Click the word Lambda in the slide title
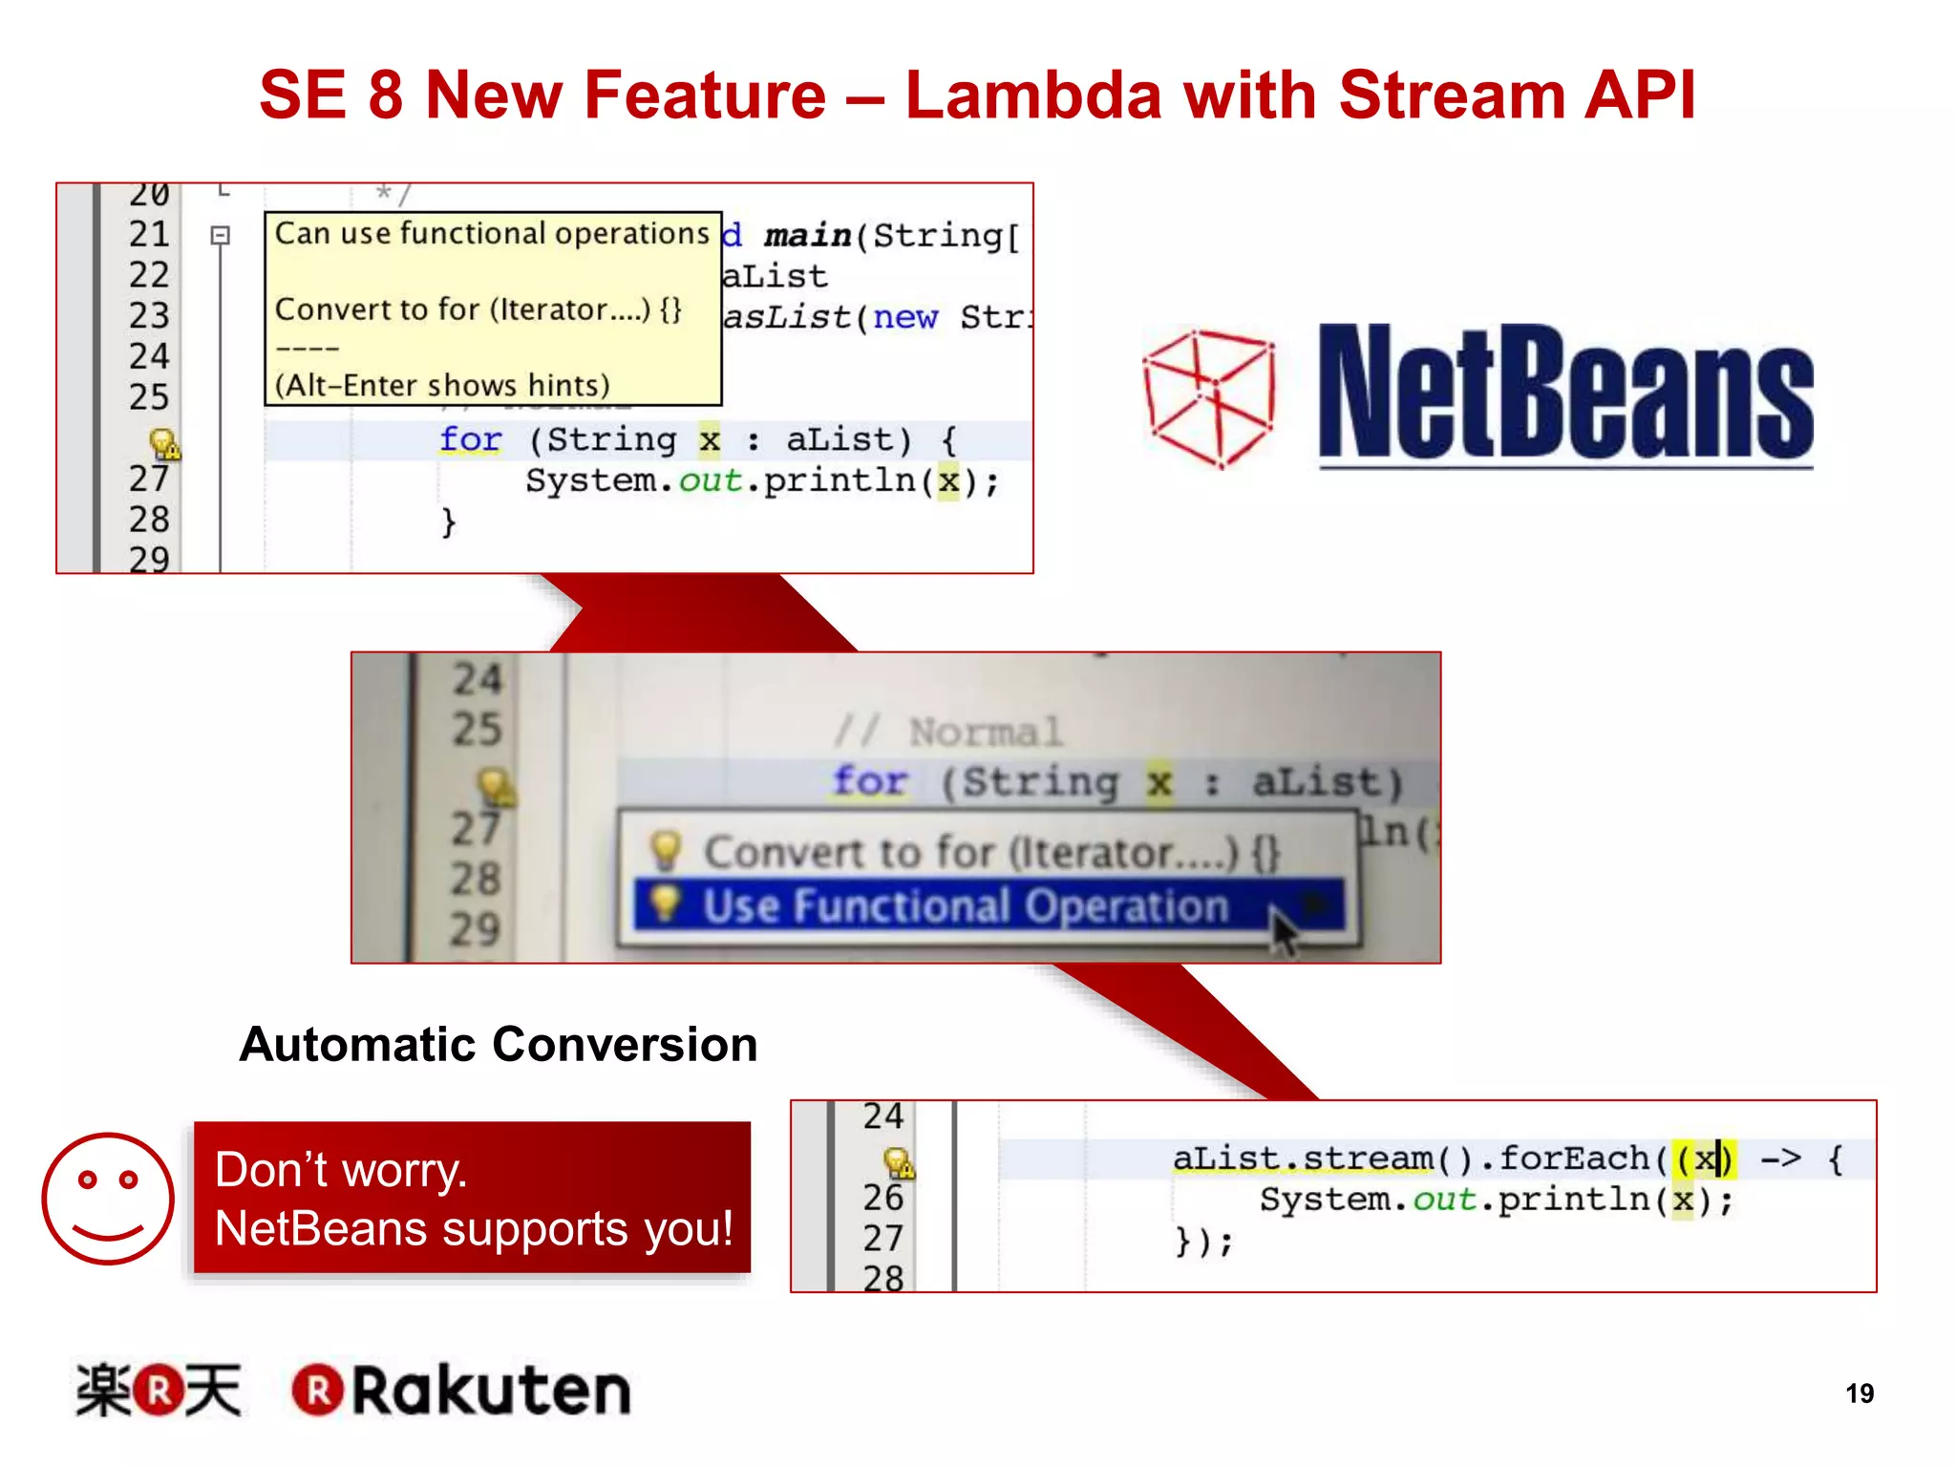1031,96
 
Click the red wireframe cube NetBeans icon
1209,398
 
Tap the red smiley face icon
108,1199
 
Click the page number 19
1859,1393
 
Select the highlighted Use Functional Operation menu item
965,905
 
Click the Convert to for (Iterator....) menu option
989,852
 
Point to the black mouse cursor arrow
1284,930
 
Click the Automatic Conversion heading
498,1044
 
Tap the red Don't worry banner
472,1198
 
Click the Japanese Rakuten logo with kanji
159,1391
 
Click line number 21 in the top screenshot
149,234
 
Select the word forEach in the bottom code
1574,1159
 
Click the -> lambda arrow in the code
1780,1159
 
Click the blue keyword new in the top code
904,317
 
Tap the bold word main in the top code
807,235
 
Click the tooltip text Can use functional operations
492,234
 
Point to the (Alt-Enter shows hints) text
442,385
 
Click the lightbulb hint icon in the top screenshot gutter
164,443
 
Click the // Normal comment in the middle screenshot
947,733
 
